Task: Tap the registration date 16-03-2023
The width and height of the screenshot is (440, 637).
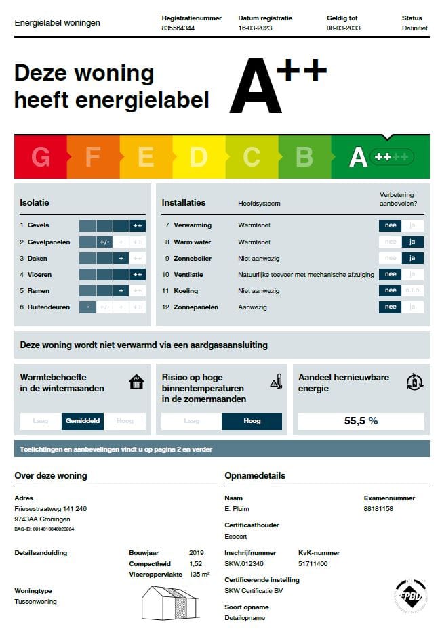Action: [x=254, y=29]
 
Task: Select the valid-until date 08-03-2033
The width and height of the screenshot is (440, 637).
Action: [x=343, y=29]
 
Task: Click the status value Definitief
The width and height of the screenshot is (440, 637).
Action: [x=414, y=29]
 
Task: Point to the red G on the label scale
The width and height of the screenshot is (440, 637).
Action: [x=41, y=157]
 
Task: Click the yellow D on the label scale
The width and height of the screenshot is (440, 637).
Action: [x=198, y=157]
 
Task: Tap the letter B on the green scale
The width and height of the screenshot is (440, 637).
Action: [x=304, y=157]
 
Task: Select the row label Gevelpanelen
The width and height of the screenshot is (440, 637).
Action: [x=47, y=242]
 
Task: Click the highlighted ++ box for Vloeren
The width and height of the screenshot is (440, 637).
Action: [x=138, y=275]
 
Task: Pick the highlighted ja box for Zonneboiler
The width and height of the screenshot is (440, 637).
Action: [x=412, y=258]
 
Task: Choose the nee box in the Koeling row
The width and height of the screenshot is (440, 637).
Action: [x=391, y=291]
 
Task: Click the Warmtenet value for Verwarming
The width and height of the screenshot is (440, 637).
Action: [x=254, y=225]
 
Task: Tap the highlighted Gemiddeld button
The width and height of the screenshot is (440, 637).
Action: [x=83, y=421]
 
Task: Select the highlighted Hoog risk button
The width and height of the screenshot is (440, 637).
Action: [x=252, y=421]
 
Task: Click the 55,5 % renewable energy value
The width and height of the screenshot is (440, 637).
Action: [x=361, y=421]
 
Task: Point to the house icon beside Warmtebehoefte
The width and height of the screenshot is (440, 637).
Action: [x=136, y=382]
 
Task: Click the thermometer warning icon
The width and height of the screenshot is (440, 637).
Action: [x=276, y=382]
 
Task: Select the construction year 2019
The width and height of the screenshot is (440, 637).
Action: [x=197, y=553]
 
